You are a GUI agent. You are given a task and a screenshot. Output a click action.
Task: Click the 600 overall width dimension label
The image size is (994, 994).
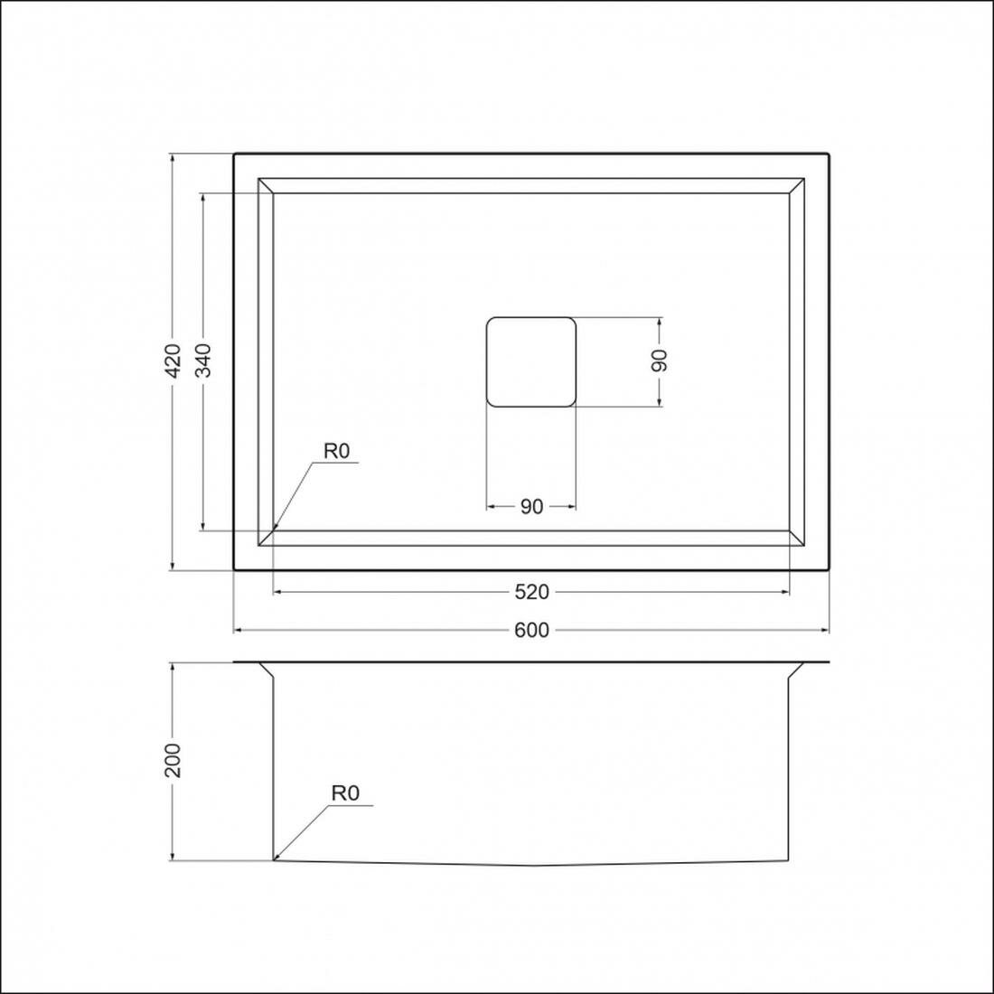pos(531,630)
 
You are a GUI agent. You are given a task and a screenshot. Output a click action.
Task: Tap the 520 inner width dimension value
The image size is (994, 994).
pos(531,592)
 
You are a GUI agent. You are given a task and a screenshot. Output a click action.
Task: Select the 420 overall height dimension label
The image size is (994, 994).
pos(173,361)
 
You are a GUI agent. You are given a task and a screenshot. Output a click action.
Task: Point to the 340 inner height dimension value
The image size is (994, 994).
pos(203,361)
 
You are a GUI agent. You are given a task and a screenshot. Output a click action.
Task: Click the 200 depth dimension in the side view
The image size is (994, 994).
pos(173,760)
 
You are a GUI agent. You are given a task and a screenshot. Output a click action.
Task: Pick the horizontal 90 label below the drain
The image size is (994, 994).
pos(531,507)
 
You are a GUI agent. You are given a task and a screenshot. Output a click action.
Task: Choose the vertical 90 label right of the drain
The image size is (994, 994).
pos(660,361)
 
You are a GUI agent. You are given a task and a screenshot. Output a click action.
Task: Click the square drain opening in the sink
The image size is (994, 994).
pos(531,361)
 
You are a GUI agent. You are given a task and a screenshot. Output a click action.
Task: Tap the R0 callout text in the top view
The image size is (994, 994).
pos(337,451)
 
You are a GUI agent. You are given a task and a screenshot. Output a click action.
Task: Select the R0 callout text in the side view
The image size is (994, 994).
pos(345,793)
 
